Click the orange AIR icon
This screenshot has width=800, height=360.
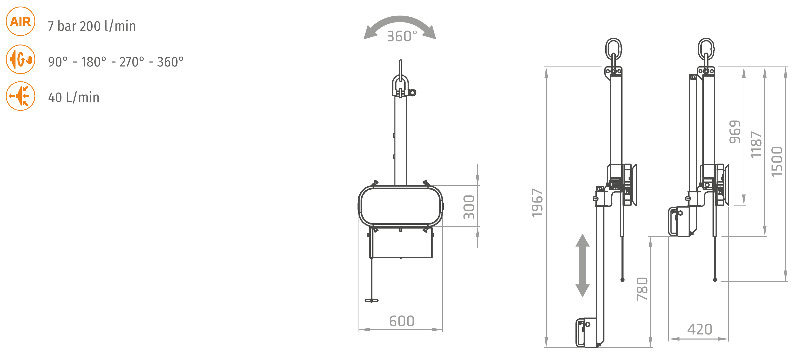point(20,21)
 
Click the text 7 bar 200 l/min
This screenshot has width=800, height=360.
point(92,26)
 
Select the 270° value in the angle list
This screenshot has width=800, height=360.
point(132,62)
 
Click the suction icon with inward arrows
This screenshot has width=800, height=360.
point(20,96)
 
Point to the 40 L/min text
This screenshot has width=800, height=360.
point(74,98)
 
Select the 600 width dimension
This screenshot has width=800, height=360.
point(402,321)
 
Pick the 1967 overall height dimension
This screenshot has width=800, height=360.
point(537,203)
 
